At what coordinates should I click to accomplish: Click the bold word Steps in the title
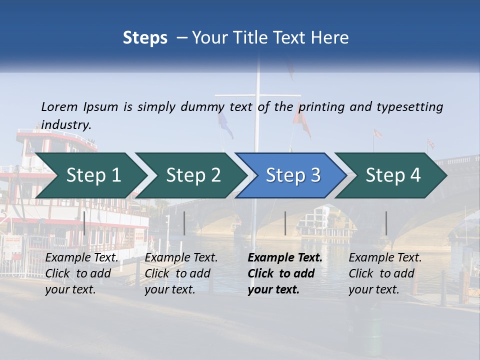(x=145, y=38)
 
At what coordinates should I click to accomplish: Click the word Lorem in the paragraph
(x=59, y=106)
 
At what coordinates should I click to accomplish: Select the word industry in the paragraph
(x=66, y=124)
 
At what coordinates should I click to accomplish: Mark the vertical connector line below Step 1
(x=84, y=223)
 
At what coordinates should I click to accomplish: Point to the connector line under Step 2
(x=184, y=223)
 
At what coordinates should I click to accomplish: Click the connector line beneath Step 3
(x=285, y=223)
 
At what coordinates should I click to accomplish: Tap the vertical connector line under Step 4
(x=386, y=223)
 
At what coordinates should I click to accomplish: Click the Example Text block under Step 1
(x=81, y=273)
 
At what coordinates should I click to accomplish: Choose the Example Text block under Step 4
(x=385, y=273)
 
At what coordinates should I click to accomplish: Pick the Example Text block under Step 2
(x=181, y=273)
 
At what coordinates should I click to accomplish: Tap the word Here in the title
(x=332, y=38)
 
